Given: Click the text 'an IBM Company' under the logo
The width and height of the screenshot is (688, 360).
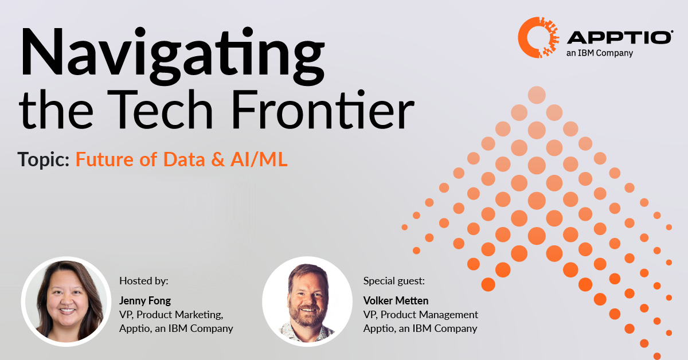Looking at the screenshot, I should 600,53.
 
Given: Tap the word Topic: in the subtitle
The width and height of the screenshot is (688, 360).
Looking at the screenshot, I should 44,160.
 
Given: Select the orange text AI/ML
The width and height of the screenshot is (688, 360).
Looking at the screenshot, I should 257,160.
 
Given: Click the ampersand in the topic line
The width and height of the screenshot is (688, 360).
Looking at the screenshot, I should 217,160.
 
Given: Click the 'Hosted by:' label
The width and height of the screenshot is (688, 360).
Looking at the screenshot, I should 144,281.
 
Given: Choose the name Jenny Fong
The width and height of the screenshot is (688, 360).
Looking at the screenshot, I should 145,300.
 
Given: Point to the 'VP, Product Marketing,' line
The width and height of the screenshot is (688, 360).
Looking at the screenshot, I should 171,315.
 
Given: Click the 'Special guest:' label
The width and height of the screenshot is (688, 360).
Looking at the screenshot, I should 394,281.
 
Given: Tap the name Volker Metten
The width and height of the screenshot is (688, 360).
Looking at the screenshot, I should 396,300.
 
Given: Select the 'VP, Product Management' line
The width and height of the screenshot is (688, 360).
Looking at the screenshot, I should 421,315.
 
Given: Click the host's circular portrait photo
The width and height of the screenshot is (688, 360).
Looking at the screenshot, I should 65,301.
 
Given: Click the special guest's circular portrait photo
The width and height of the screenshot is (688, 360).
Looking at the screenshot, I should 307,301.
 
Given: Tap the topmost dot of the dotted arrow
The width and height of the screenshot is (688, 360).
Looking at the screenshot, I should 537,95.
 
